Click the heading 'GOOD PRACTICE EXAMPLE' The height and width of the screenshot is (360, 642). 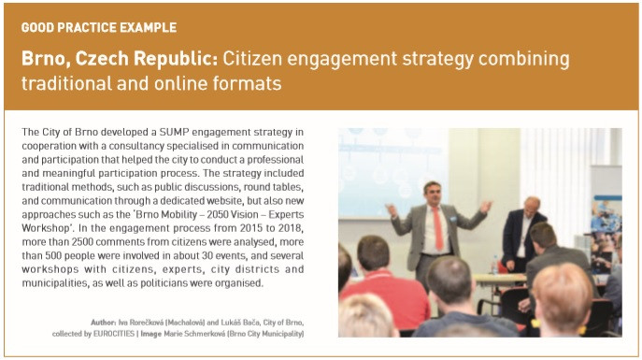click(x=99, y=27)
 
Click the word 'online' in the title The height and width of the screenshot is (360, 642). click(x=179, y=83)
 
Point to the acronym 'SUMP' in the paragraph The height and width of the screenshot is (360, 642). click(x=174, y=132)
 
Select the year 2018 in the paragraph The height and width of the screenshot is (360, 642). click(x=292, y=228)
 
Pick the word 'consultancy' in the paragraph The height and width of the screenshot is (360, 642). click(x=136, y=146)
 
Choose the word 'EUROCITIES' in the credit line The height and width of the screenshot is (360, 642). click(x=114, y=334)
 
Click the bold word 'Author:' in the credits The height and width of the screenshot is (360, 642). click(x=103, y=323)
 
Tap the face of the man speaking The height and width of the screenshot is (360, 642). click(x=433, y=194)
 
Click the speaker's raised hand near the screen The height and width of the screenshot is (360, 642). click(x=392, y=210)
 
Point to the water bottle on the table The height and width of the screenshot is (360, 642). click(x=494, y=265)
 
